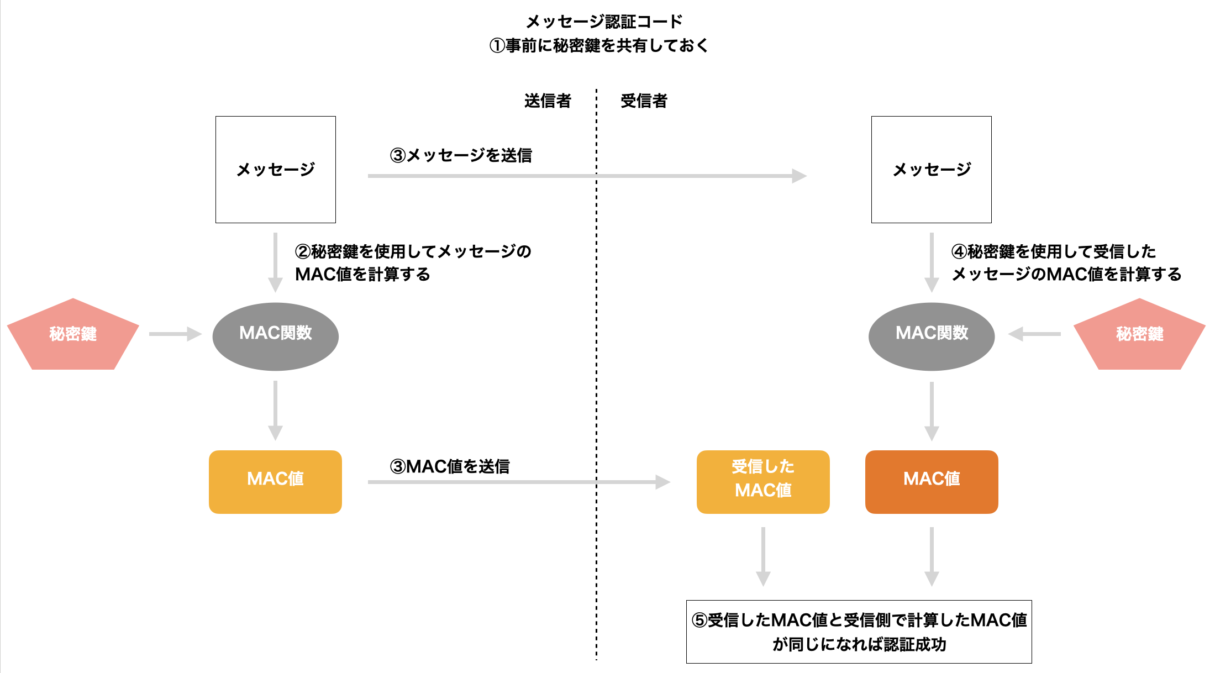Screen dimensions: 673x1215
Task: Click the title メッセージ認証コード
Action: [x=604, y=22]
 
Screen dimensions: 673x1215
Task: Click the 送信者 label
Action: [x=547, y=101]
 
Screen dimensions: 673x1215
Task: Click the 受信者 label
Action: [x=644, y=101]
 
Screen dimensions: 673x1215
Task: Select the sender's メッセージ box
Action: [x=275, y=169]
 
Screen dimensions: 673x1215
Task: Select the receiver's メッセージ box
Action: [x=931, y=169]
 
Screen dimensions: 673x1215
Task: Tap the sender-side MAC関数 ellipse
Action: [x=275, y=336]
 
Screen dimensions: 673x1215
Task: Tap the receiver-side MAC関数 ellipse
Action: [x=931, y=336]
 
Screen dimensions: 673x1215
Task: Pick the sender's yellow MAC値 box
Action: [x=275, y=481]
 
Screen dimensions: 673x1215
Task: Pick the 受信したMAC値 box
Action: [x=762, y=481]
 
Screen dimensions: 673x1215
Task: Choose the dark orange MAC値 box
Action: [x=931, y=481]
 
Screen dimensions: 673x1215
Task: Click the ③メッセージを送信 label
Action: [x=461, y=155]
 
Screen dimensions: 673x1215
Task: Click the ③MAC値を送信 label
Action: [x=449, y=466]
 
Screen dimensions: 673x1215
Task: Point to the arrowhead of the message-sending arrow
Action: [x=800, y=176]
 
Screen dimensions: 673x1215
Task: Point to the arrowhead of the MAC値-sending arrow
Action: [x=663, y=482]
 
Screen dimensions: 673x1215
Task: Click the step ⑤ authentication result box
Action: [x=859, y=632]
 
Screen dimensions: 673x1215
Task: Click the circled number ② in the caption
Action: [x=303, y=251]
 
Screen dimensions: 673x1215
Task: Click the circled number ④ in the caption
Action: [x=959, y=251]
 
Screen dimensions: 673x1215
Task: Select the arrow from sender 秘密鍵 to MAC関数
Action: [x=175, y=334]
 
